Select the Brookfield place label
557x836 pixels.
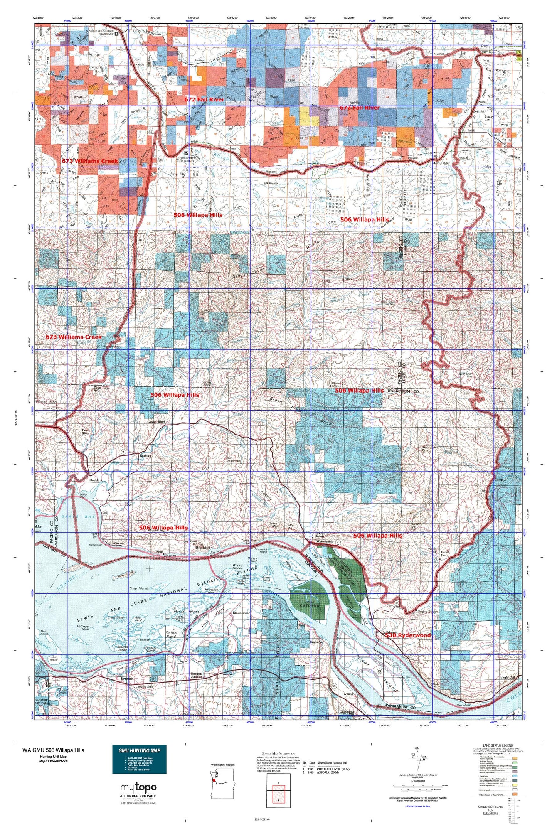tap(203, 548)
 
